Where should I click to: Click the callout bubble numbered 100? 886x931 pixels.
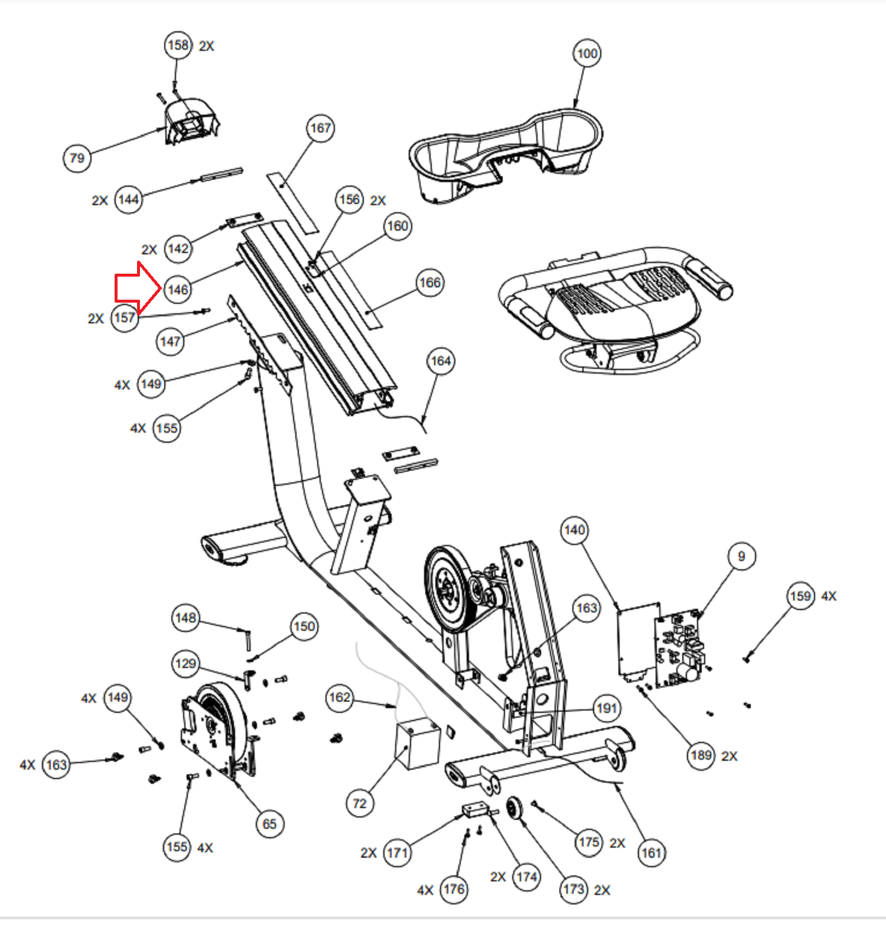[587, 54]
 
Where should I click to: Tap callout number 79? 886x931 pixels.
[77, 158]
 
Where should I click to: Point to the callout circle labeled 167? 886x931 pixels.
[321, 128]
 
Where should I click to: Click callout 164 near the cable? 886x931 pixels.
[441, 361]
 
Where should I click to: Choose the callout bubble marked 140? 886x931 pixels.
[574, 530]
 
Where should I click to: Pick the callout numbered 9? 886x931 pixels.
[741, 556]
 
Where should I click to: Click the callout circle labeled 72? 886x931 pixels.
[360, 803]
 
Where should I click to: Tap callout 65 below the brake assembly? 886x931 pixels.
[269, 824]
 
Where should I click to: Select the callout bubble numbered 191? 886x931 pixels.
[606, 708]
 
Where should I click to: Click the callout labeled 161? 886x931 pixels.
[651, 852]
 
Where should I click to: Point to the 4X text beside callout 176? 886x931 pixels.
[425, 890]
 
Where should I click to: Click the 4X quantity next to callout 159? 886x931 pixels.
[829, 596]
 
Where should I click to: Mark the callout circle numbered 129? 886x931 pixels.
[185, 663]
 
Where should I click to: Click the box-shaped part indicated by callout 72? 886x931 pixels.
[417, 742]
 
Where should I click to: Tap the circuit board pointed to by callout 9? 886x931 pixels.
[679, 650]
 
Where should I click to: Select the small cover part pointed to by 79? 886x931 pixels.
[190, 121]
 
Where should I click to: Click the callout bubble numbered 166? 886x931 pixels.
[430, 283]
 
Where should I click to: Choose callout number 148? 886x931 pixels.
[185, 618]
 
